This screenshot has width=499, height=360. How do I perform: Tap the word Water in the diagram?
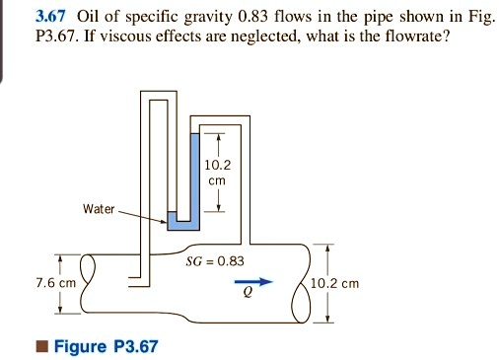[x=99, y=210]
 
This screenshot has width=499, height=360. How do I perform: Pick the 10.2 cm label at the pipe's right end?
[x=334, y=283]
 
